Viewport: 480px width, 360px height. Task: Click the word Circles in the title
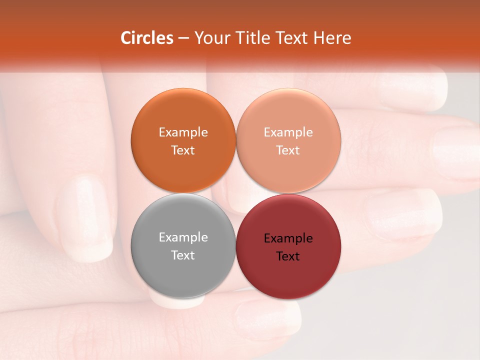tap(146, 38)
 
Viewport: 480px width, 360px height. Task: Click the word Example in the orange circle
tap(183, 132)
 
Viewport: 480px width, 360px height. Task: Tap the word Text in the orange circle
tap(183, 150)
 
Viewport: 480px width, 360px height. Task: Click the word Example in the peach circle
tap(288, 132)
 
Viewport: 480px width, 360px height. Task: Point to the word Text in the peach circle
tap(288, 150)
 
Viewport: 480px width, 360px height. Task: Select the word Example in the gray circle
tap(183, 237)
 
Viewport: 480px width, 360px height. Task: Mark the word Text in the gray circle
tap(183, 255)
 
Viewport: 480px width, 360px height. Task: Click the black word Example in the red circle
tap(288, 238)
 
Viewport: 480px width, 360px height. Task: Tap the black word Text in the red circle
tap(288, 256)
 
